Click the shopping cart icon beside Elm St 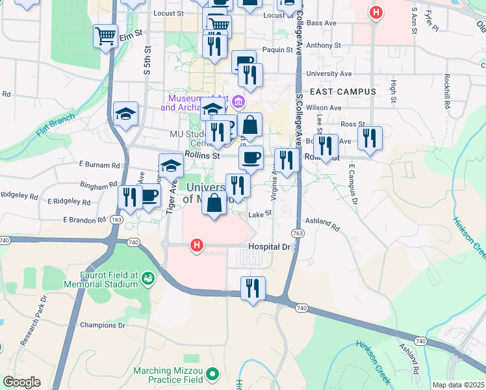[x=105, y=36]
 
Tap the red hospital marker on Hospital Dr [x=196, y=246]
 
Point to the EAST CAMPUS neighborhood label [x=342, y=92]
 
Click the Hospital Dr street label [x=269, y=248]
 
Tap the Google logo [x=21, y=382]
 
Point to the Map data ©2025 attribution [x=457, y=385]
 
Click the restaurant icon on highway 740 [x=253, y=289]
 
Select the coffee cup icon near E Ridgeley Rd [x=149, y=196]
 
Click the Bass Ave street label [x=322, y=23]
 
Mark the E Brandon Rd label [x=84, y=220]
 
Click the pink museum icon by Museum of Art [x=238, y=101]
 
